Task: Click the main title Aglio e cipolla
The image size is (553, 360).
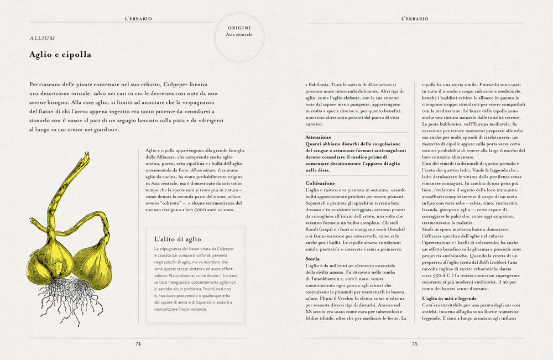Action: click(x=60, y=55)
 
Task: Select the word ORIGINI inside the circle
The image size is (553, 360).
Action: click(x=239, y=27)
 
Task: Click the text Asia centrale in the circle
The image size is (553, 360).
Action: click(x=239, y=34)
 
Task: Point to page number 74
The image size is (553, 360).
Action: click(x=138, y=343)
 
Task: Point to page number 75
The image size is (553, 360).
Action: click(x=414, y=343)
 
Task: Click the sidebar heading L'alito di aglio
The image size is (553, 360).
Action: click(x=178, y=239)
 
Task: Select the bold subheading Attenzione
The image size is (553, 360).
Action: click(x=318, y=137)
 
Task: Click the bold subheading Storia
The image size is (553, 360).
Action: click(x=312, y=258)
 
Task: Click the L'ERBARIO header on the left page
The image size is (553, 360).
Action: click(x=138, y=18)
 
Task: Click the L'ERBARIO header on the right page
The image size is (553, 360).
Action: click(x=414, y=18)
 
